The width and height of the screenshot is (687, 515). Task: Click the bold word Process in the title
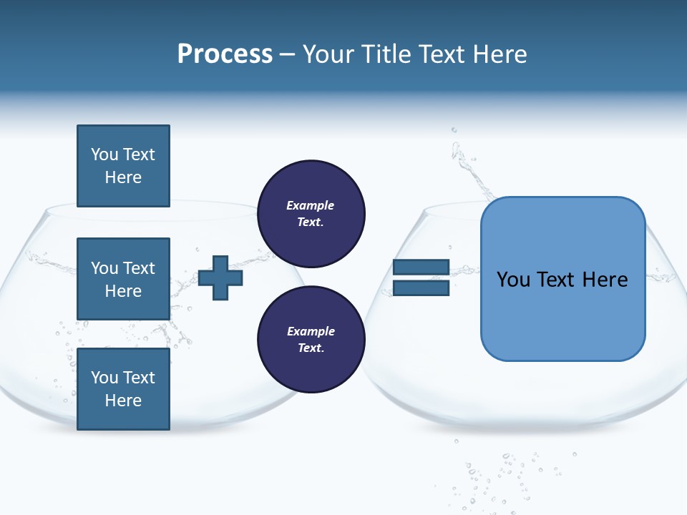225,54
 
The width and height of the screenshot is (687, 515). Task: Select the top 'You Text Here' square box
123,166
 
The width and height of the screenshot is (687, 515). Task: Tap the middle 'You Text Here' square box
123,279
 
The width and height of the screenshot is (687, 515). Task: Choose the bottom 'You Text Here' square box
123,389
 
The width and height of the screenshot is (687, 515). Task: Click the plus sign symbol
220,277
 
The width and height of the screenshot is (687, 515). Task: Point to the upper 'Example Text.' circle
311,213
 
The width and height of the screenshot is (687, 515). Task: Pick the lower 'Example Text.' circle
311,340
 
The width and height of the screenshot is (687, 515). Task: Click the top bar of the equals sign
421,267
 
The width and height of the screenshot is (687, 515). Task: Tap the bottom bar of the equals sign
421,288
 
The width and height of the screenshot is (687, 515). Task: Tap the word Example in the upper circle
311,205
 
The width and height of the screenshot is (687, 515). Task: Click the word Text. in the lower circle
311,348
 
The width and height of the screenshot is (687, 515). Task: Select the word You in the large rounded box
514,280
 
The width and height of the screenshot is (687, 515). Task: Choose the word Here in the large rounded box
605,280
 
